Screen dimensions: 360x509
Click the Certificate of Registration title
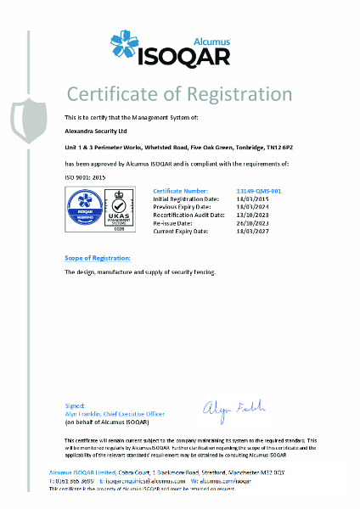tap(179, 94)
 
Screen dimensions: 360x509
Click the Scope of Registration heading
tap(98, 257)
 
